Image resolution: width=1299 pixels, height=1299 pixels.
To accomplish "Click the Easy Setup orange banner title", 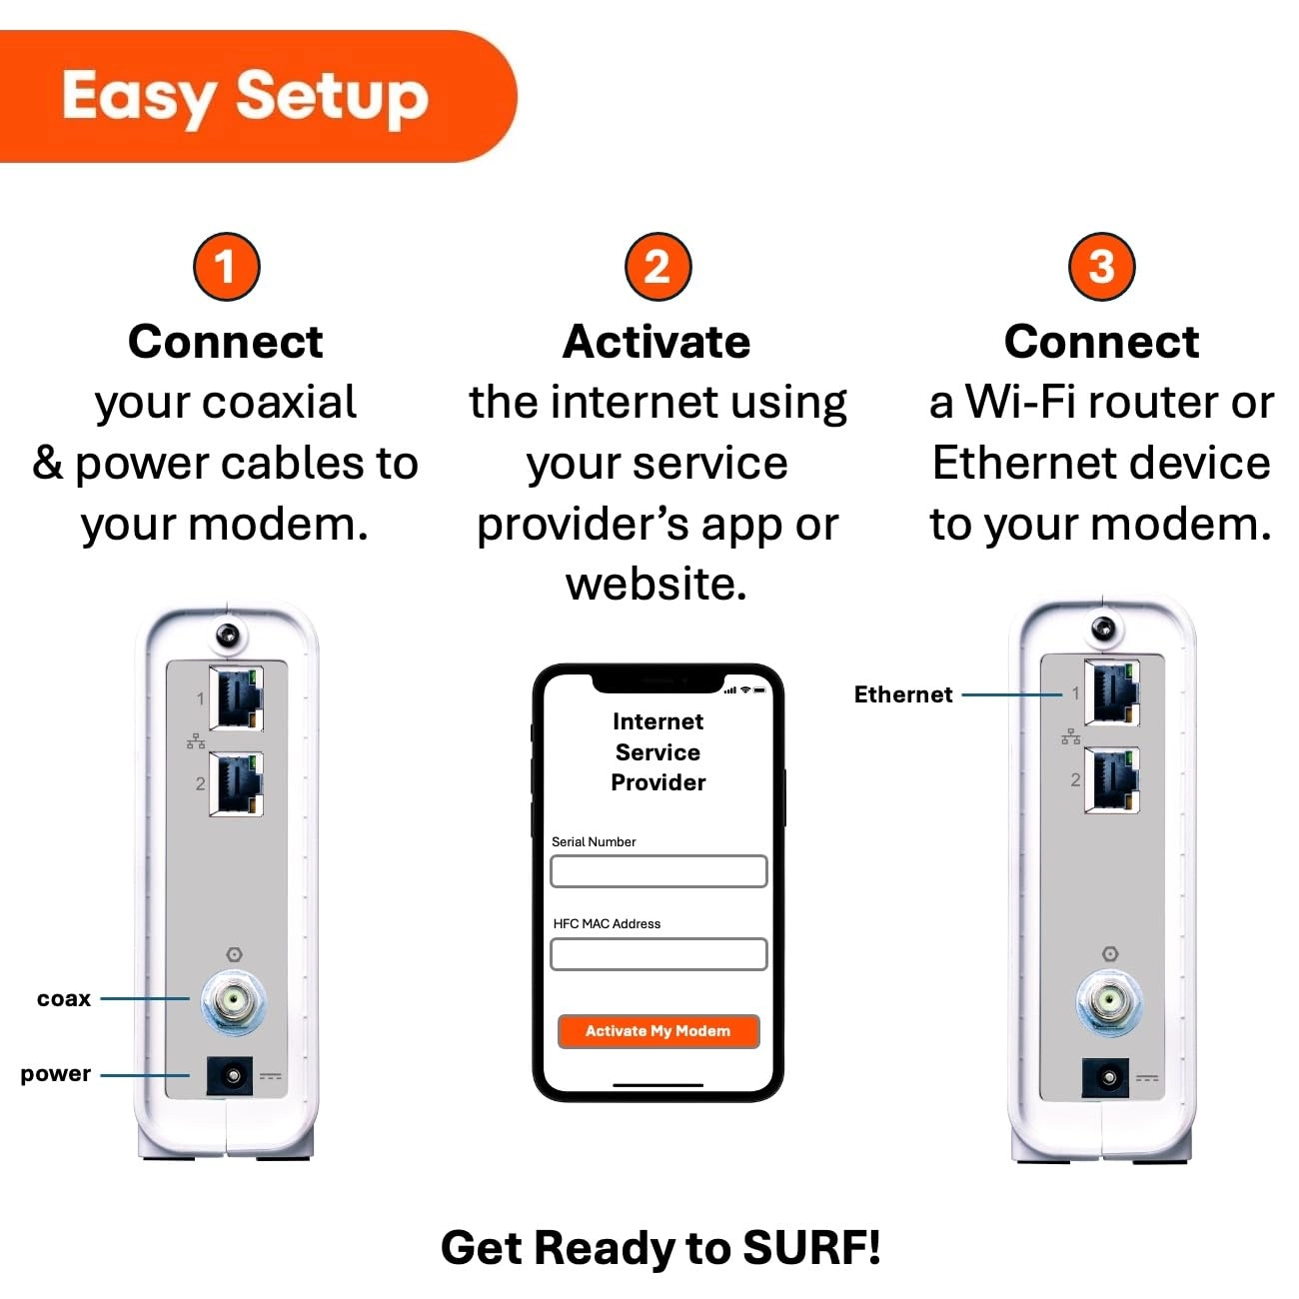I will (245, 97).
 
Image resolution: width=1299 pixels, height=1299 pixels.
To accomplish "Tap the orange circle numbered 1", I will (226, 267).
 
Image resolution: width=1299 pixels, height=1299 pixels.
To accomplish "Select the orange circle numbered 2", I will (657, 267).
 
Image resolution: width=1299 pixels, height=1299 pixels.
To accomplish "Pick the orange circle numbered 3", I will (1101, 267).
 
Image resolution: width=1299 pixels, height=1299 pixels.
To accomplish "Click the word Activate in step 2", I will (656, 342).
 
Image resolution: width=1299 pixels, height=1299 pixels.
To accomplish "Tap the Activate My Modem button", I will (658, 1031).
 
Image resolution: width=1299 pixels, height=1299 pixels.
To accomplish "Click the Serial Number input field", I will (658, 871).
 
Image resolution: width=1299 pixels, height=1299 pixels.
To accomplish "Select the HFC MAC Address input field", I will (658, 954).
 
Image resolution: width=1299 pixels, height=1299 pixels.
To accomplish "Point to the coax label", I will (64, 998).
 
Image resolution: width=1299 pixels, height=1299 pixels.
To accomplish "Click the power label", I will (56, 1073).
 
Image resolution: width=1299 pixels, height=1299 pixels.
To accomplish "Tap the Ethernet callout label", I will (903, 694).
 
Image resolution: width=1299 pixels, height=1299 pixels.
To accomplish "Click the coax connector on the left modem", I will (234, 999).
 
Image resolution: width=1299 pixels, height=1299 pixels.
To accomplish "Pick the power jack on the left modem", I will (231, 1076).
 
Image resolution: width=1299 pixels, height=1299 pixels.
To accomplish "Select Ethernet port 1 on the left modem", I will (237, 698).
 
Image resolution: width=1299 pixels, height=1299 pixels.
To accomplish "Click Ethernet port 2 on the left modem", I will (237, 784).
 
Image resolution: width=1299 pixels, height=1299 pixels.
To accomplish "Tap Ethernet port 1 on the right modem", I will (1112, 692).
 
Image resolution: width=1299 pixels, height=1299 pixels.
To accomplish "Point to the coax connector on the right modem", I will (1108, 998).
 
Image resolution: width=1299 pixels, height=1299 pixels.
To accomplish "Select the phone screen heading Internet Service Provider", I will (658, 751).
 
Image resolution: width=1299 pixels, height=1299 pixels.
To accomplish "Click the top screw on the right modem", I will (1103, 629).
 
